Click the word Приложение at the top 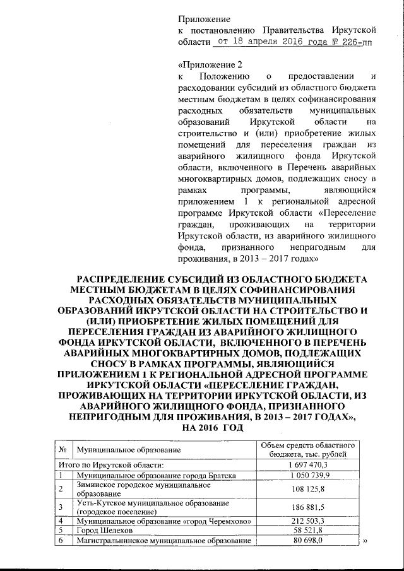(x=204, y=19)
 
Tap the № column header (x=63, y=449)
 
